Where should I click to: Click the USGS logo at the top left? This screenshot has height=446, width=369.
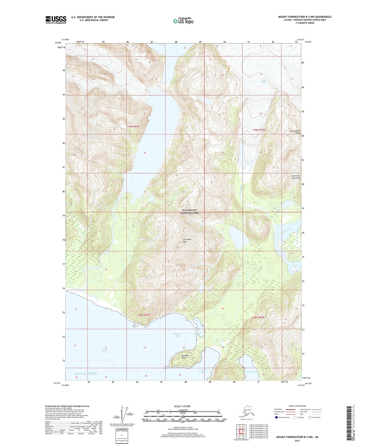(56, 20)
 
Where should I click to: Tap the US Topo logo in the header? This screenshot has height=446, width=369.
(183, 21)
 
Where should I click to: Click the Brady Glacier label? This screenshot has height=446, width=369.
(264, 81)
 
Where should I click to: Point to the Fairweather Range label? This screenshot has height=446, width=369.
(295, 132)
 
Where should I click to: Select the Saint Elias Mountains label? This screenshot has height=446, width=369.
(296, 177)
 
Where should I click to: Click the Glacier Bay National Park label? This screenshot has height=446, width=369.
(189, 212)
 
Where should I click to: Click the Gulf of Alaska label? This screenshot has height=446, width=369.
(86, 373)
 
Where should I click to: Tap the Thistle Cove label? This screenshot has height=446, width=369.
(251, 372)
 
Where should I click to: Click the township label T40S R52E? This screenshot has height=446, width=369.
(258, 318)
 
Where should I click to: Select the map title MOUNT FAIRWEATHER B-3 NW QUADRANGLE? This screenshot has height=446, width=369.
(305, 17)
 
